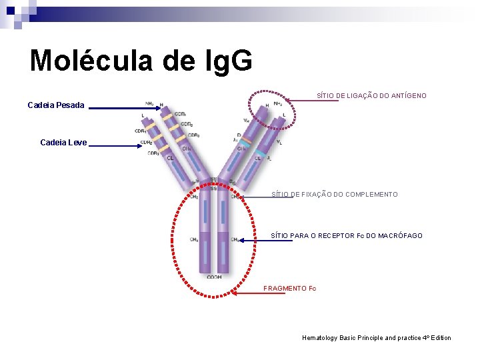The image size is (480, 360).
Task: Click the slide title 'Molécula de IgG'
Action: (141, 60)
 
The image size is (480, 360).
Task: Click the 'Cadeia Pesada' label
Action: (56, 105)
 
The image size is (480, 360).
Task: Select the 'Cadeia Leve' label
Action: (63, 143)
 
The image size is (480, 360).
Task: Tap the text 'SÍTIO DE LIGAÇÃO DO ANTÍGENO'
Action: (371, 96)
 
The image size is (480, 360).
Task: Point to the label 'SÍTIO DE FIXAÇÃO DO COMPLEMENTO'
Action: (334, 195)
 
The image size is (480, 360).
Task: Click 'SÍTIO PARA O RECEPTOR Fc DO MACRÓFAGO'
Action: (346, 236)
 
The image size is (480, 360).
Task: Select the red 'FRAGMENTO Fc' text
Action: (289, 289)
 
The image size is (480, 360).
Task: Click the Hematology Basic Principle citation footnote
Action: (376, 338)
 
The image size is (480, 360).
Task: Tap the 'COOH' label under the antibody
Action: (214, 277)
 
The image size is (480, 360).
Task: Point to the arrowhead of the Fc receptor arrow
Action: (241, 240)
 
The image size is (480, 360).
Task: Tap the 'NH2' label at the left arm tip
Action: (149, 103)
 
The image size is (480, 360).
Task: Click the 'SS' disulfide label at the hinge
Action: (213, 180)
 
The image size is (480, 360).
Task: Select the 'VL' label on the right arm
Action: (279, 142)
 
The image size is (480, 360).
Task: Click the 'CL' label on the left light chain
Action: (170, 158)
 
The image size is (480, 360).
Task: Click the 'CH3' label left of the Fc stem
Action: (193, 239)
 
